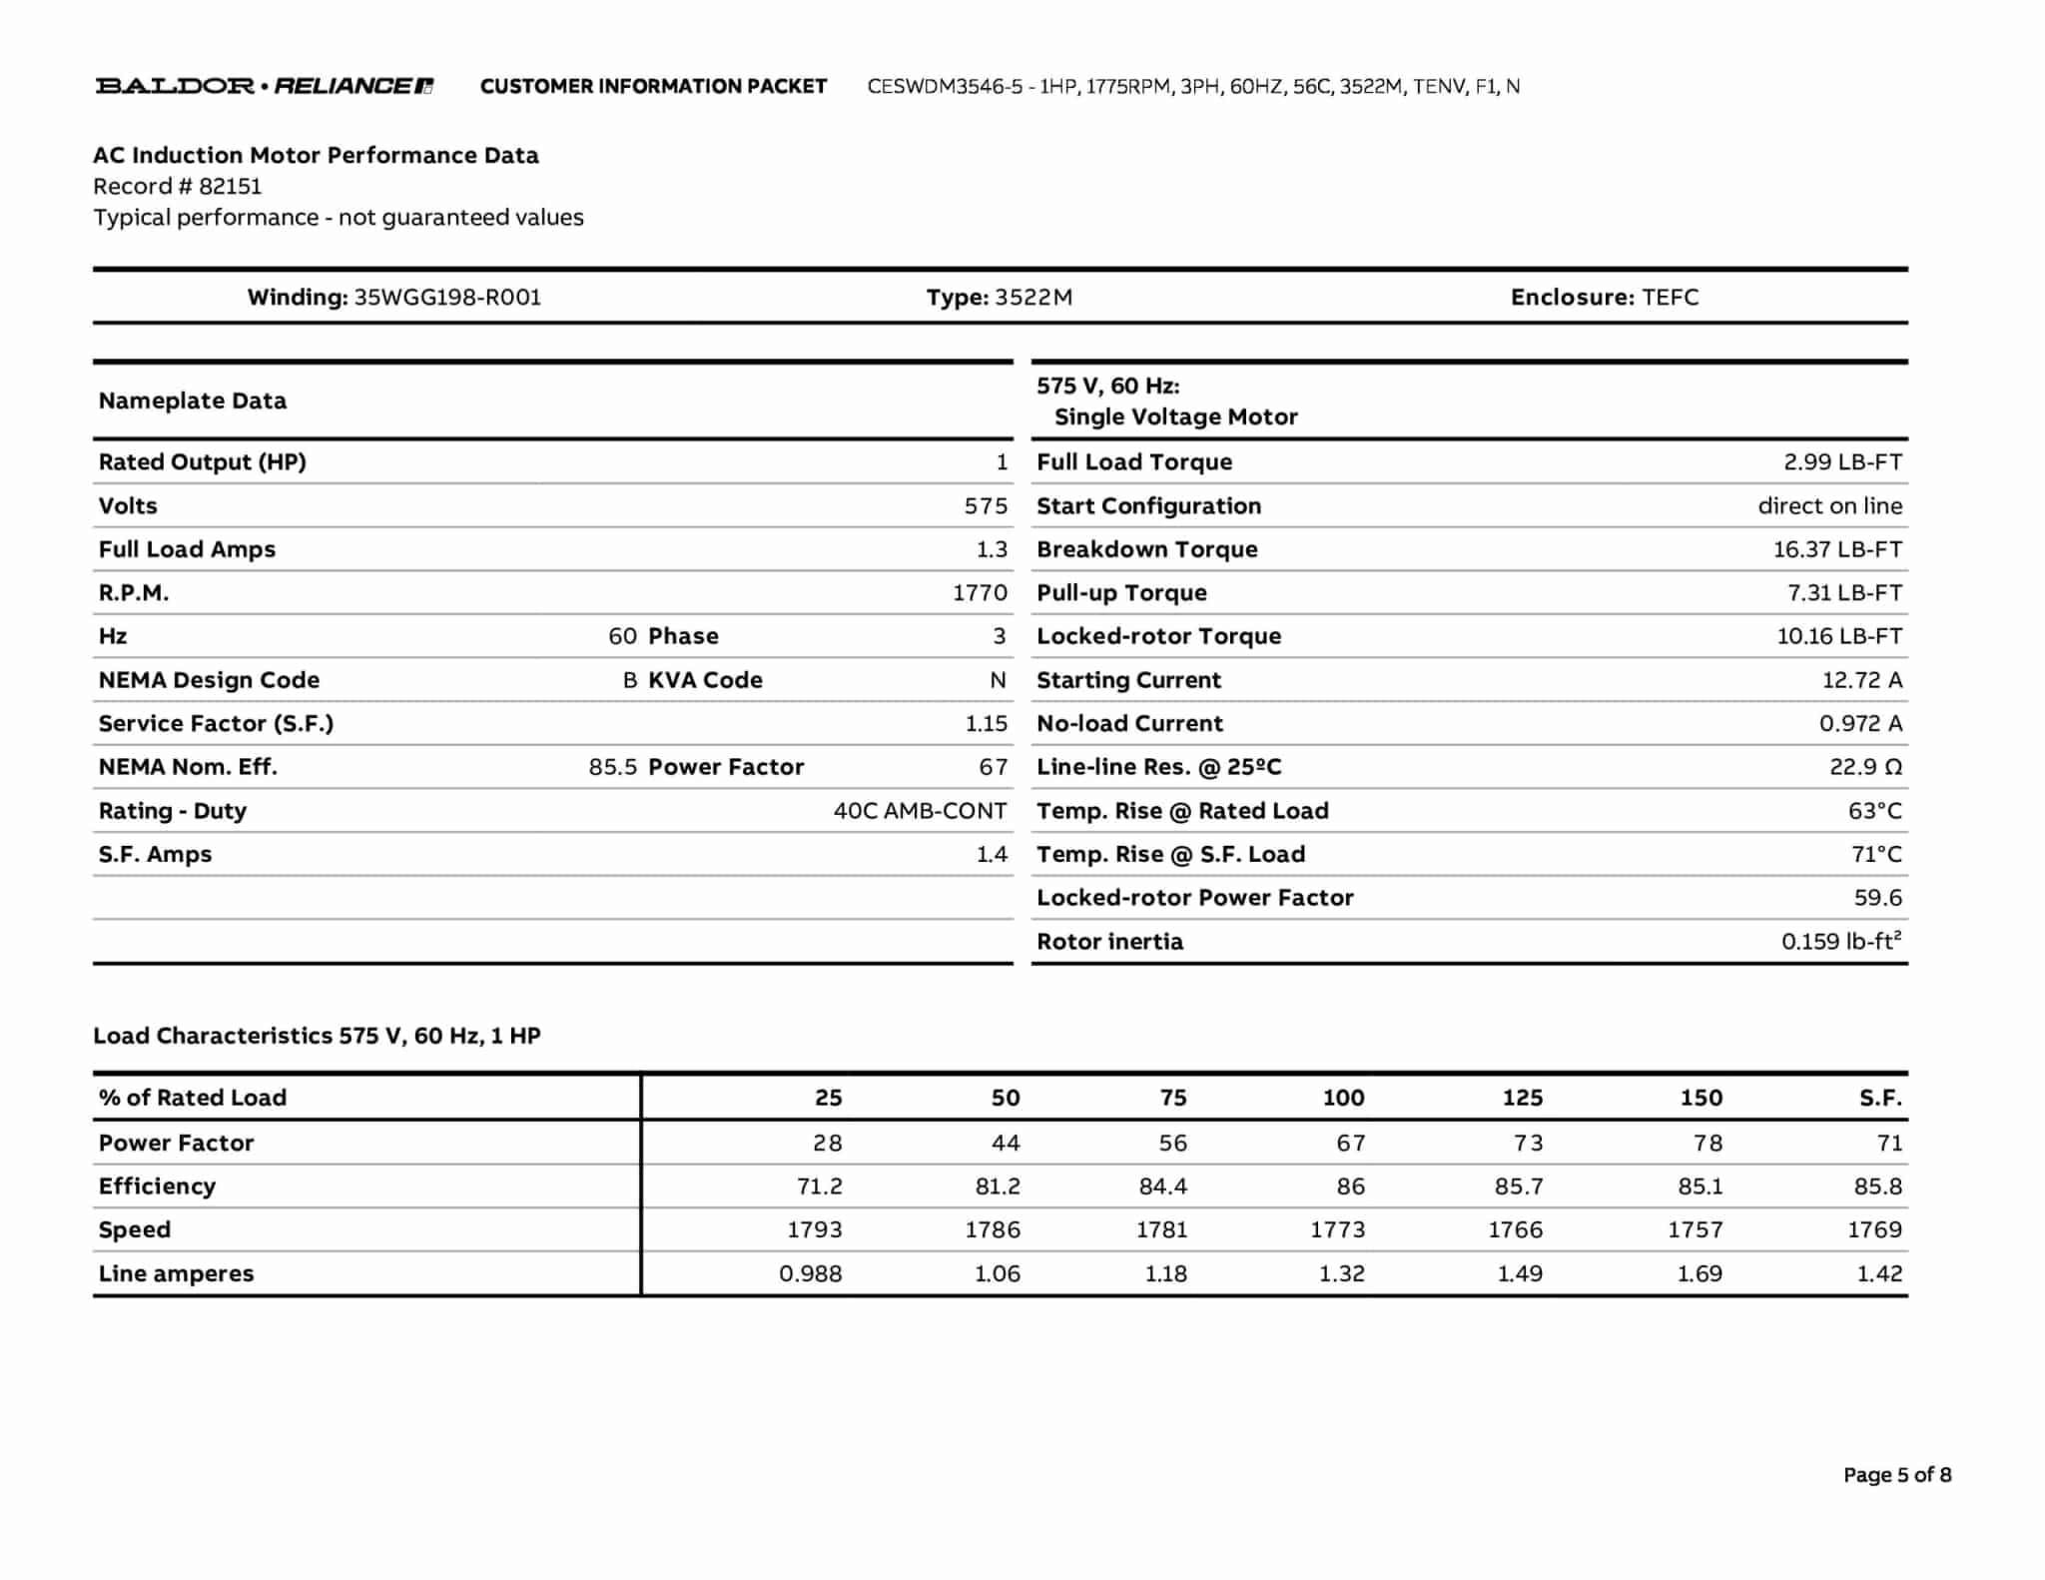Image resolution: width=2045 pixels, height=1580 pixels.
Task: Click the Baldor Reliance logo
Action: (264, 86)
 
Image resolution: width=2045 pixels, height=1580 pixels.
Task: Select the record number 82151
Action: (230, 187)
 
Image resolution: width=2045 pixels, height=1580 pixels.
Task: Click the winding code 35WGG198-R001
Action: (447, 298)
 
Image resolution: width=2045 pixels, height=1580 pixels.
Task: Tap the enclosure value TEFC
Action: (1670, 298)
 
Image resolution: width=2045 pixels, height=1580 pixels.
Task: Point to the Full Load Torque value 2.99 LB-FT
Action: (1842, 462)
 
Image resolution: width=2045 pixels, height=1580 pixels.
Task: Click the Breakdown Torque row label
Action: (1146, 549)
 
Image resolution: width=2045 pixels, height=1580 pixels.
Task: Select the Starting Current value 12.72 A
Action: (1861, 680)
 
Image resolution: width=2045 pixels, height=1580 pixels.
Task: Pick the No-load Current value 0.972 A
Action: (1860, 724)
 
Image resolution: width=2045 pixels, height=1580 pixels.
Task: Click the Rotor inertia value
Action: (1840, 942)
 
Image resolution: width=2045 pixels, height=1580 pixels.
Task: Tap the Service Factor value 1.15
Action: (986, 724)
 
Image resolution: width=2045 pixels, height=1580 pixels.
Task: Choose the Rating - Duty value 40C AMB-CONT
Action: (920, 811)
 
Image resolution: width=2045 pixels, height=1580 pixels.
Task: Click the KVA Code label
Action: (705, 680)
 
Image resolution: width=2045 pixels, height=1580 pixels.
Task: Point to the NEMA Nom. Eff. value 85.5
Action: (612, 767)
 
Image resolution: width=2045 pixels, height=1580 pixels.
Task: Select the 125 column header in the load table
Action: (1522, 1099)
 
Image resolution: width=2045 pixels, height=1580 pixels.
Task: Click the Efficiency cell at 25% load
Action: (819, 1186)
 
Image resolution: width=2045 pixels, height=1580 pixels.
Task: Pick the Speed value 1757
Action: (1695, 1230)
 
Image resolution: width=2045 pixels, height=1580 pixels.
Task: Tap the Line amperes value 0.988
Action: (810, 1274)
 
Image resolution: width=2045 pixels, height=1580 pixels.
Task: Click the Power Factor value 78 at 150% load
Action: (1707, 1144)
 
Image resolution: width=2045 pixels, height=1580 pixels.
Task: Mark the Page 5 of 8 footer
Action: (1896, 1475)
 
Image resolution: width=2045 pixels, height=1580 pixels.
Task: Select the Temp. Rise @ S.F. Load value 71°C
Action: (1876, 855)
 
